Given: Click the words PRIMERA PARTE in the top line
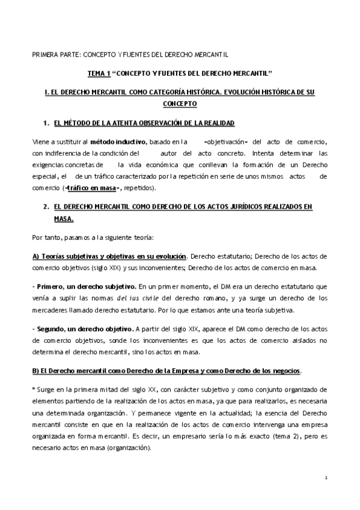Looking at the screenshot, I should pos(53,54).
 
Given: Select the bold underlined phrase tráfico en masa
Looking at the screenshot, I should pos(92,188).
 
